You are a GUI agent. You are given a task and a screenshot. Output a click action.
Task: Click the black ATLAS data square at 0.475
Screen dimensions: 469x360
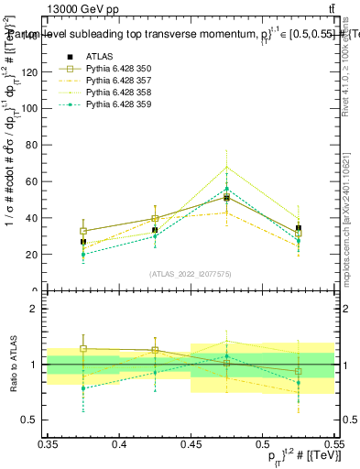[226, 198]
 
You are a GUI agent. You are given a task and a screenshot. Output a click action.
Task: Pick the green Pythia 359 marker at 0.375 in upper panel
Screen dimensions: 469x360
[83, 255]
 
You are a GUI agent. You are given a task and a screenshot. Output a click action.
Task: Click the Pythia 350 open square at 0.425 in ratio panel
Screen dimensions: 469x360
[155, 350]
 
